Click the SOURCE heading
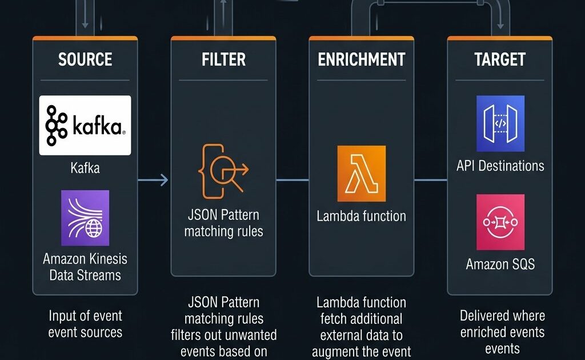[85, 59]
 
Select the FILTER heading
[223, 59]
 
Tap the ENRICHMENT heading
[361, 59]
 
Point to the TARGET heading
[500, 59]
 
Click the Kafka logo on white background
[85, 125]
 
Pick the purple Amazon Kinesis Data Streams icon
[85, 218]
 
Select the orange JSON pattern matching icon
[223, 170]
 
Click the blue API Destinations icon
[500, 123]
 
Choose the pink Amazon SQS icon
[500, 222]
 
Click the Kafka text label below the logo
[85, 168]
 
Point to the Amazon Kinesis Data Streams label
[85, 267]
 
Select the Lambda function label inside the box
[361, 216]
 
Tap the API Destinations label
[500, 166]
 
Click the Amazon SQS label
[500, 264]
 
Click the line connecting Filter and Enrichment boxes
[292, 181]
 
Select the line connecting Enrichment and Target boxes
[430, 181]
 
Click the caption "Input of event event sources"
[85, 324]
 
